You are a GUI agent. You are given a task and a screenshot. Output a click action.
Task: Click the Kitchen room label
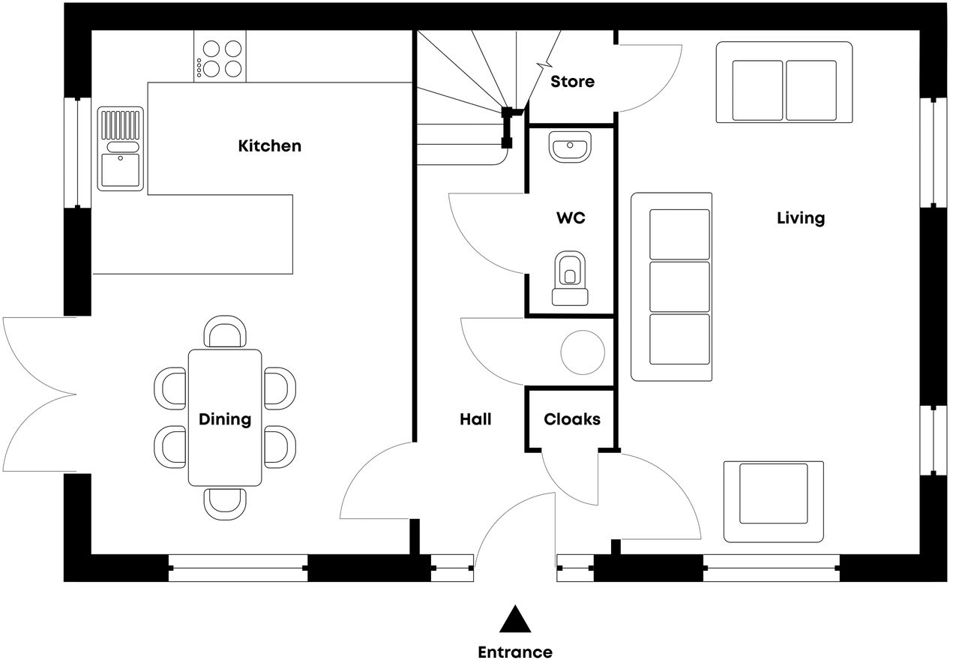(269, 145)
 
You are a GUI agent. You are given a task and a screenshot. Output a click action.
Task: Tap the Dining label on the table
(225, 419)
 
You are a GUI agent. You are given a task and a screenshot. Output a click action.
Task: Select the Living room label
(800, 218)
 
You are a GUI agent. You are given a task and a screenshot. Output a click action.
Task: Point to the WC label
(571, 219)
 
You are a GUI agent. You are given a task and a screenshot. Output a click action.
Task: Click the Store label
(572, 81)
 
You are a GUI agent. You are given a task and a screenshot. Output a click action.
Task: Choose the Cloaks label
(572, 419)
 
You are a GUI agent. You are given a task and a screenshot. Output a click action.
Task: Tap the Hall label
(475, 419)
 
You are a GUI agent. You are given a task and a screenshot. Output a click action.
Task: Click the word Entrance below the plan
(515, 652)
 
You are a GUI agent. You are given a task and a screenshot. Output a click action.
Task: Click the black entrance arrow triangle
(515, 619)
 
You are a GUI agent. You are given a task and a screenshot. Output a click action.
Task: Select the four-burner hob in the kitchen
(220, 58)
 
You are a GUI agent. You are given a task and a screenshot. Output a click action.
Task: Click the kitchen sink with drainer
(120, 148)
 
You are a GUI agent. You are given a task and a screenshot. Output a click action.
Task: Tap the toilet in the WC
(570, 278)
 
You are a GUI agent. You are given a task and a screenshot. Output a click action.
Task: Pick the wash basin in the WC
(571, 146)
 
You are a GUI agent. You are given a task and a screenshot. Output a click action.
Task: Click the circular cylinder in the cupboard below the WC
(583, 352)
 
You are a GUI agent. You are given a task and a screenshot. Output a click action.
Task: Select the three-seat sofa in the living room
(672, 286)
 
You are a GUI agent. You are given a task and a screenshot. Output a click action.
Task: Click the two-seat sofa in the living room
(784, 82)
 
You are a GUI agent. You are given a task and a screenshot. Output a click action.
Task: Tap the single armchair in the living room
(774, 501)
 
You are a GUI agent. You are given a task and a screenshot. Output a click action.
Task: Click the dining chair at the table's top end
(226, 332)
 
